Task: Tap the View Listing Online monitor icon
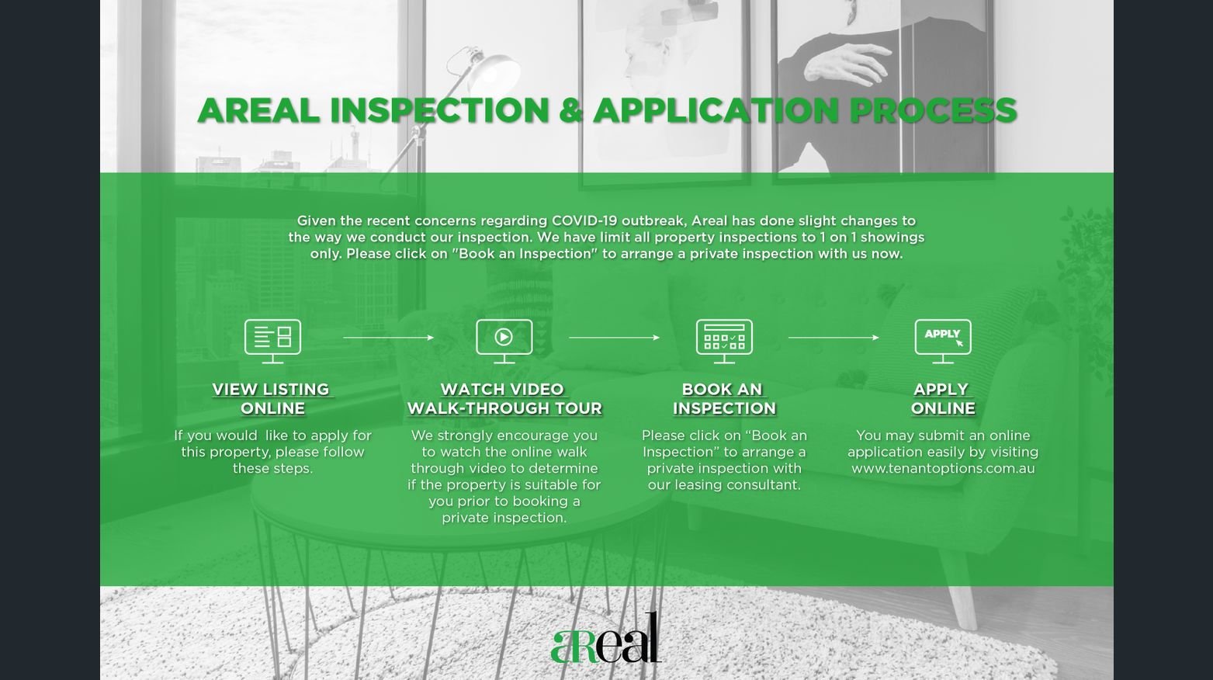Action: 272,342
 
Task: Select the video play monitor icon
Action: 504,342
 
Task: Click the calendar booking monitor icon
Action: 724,342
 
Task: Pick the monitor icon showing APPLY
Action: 943,342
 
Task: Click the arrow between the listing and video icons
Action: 388,338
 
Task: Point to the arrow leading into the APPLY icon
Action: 834,338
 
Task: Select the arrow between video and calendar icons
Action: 614,338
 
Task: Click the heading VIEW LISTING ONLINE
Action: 272,399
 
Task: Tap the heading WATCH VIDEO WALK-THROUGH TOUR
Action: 504,399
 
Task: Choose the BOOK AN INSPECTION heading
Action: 724,399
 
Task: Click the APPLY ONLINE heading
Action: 943,399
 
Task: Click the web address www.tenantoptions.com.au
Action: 943,468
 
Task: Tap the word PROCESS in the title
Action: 933,110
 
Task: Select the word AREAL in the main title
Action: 258,110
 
